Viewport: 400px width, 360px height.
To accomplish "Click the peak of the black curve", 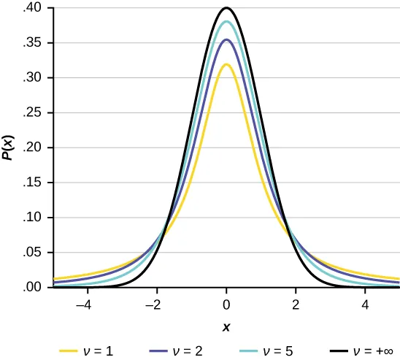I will [x=226, y=9].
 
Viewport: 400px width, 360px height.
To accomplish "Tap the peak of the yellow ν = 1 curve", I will [x=226, y=65].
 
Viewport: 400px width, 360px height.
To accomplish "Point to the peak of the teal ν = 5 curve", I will [x=226, y=22].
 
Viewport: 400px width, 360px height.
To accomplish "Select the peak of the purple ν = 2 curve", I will [x=226, y=40].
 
